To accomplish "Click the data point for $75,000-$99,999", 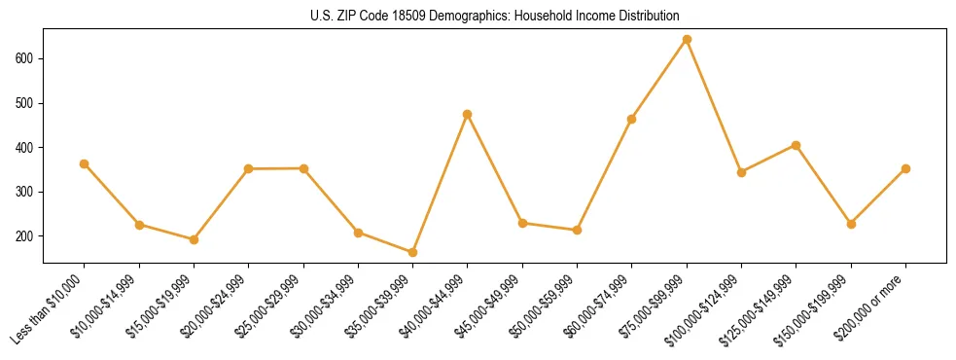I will (687, 40).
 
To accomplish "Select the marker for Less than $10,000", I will (85, 163).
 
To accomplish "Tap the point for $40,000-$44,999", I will (468, 114).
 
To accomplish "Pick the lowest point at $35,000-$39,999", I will (413, 253).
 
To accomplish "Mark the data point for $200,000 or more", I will (905, 168).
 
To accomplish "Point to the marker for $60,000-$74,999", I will (632, 119).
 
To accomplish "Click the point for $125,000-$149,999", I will (797, 145).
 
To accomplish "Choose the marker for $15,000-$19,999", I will (195, 239).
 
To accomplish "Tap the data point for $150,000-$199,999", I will (851, 224).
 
